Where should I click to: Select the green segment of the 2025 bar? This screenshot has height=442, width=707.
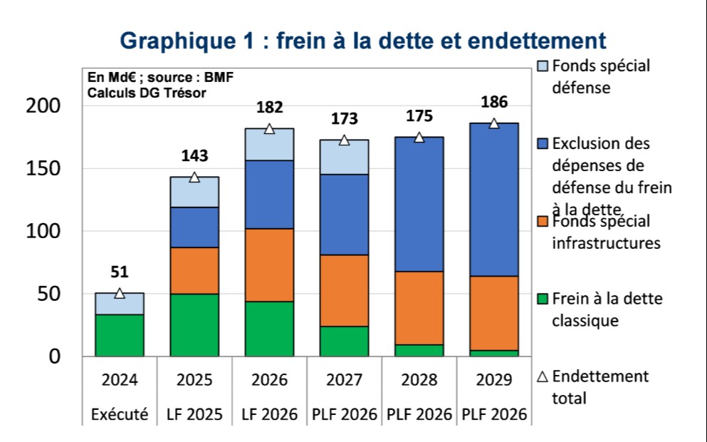click(194, 325)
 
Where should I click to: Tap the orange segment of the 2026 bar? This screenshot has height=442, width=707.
click(269, 264)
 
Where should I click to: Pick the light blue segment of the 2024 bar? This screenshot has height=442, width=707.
click(120, 304)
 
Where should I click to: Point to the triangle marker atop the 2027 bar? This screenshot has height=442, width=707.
click(344, 140)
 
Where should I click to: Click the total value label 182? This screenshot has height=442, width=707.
click(270, 108)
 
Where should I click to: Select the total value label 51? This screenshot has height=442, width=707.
click(120, 272)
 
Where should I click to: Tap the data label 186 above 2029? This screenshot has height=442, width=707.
click(493, 102)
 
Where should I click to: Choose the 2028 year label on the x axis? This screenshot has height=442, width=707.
click(419, 380)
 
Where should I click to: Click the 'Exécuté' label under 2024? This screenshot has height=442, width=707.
click(120, 414)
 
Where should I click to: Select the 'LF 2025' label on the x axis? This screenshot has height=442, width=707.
click(194, 414)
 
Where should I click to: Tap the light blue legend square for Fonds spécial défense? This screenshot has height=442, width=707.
click(542, 66)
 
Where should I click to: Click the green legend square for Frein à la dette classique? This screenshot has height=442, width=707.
click(542, 299)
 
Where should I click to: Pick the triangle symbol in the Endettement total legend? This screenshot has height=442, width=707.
click(542, 376)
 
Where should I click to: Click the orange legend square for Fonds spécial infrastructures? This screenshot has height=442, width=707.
click(542, 222)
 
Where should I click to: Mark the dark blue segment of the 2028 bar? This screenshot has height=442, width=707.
click(419, 204)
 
